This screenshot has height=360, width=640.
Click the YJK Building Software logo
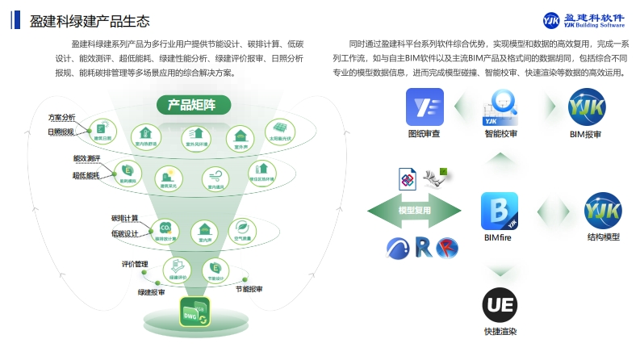click(x=584, y=20)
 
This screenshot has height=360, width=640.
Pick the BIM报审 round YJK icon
click(x=586, y=107)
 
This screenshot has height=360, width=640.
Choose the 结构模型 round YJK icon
click(x=604, y=211)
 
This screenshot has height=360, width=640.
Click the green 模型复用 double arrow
click(x=415, y=211)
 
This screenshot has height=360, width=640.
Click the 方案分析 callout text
click(x=61, y=118)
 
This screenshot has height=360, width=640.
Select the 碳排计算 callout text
click(x=125, y=219)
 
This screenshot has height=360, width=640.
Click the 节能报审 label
click(x=249, y=289)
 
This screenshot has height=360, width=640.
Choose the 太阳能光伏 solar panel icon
click(x=281, y=132)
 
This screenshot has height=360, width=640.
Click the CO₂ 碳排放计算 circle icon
click(x=165, y=229)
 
